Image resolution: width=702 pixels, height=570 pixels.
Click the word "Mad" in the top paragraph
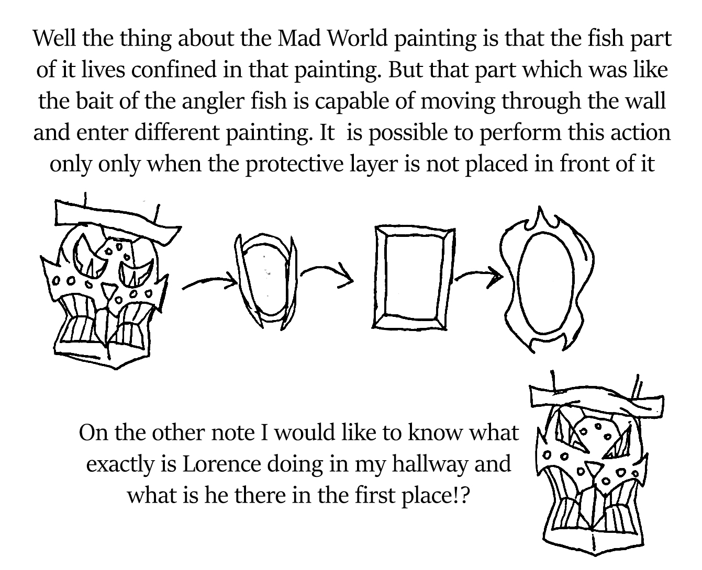[299, 38]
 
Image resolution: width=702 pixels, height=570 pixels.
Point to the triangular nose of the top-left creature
[109, 289]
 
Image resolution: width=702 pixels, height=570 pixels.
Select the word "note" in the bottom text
[232, 432]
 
